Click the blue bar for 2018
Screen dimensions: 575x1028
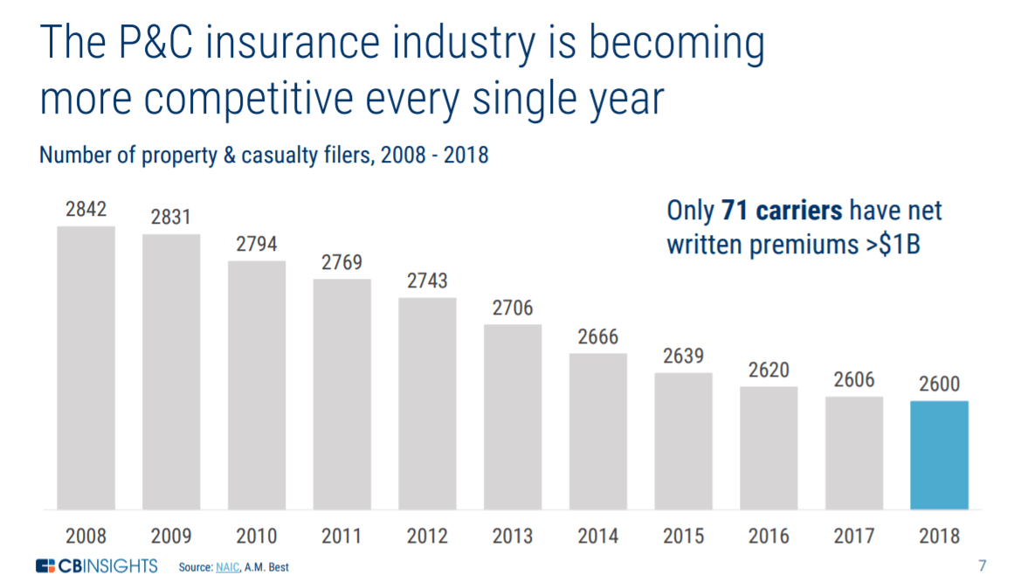click(x=939, y=454)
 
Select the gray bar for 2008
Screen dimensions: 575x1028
click(x=86, y=367)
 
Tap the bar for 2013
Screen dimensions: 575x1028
click(x=513, y=417)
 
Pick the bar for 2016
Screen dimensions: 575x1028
click(x=769, y=447)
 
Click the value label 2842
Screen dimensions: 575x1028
click(x=86, y=210)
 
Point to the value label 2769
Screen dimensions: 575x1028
click(x=342, y=262)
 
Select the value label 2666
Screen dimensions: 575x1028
click(x=598, y=336)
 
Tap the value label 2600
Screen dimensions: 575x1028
click(x=939, y=384)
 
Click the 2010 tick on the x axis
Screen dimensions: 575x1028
click(x=257, y=536)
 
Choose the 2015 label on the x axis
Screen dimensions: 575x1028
click(x=683, y=536)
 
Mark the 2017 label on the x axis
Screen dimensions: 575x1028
click(x=854, y=536)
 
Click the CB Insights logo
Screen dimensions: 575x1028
click(x=96, y=565)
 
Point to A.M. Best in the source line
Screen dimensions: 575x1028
click(x=268, y=567)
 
